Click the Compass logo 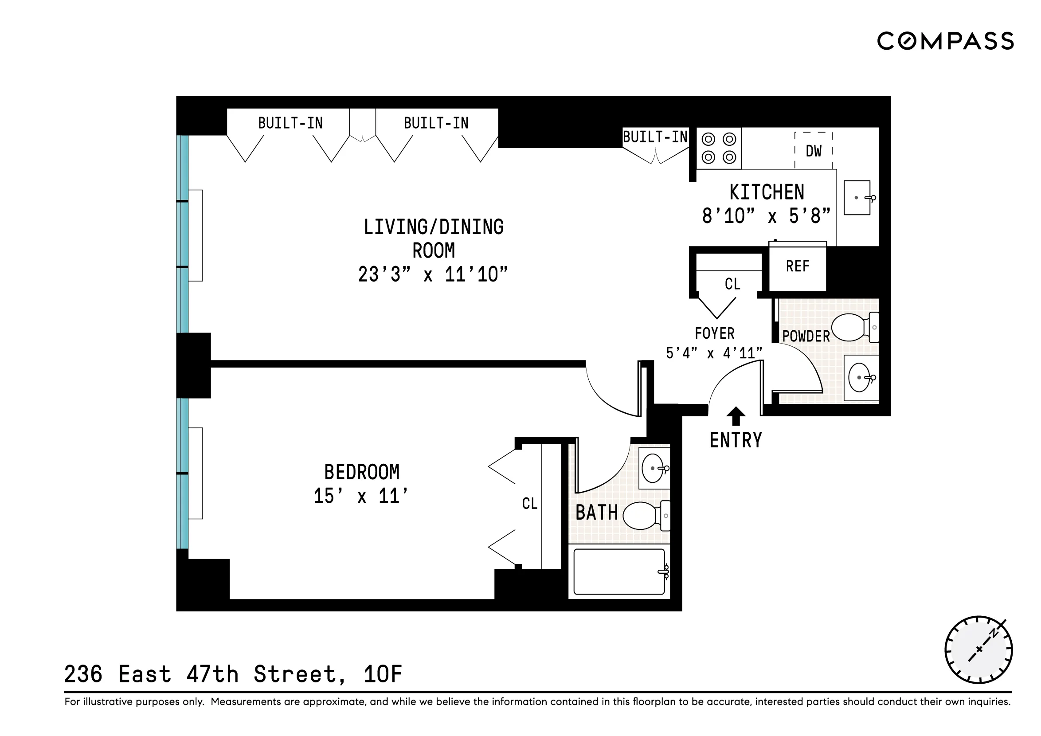945,41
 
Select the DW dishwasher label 814,151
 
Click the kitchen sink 857,198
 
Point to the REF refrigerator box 798,266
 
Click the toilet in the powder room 853,327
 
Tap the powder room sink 860,378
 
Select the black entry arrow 736,415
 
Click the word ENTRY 736,440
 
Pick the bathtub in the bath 619,572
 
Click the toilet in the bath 644,516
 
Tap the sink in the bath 654,468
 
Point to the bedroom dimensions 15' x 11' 361,496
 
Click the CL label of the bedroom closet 529,503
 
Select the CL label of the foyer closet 732,284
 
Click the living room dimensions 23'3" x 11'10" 433,274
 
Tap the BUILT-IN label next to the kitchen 655,137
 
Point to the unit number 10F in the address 383,674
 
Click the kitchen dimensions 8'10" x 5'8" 766,216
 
